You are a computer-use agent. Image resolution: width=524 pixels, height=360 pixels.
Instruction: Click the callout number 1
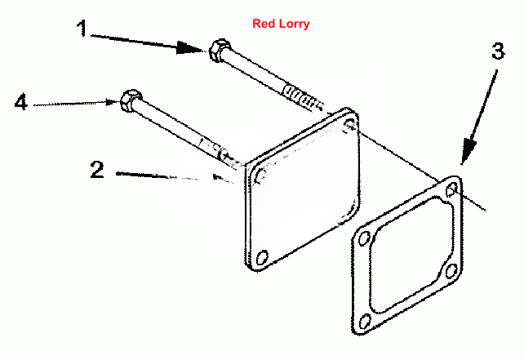click(x=82, y=29)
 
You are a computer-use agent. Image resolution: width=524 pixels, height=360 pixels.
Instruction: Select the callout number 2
click(x=97, y=170)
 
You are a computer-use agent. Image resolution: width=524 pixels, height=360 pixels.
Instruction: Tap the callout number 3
click(x=498, y=51)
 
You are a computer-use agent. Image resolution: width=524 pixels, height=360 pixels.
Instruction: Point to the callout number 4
click(x=20, y=101)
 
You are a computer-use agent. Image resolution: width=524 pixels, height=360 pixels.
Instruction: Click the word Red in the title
click(x=261, y=24)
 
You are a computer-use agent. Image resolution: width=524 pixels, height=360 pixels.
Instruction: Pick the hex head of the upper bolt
click(x=220, y=50)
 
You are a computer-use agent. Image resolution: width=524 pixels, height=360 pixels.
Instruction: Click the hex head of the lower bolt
click(x=131, y=100)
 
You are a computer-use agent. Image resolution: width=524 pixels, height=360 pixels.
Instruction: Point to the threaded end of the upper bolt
click(x=304, y=98)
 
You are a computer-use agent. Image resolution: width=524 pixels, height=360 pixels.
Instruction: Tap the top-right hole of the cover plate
click(x=350, y=124)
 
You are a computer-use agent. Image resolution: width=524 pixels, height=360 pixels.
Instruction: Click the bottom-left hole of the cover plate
click(x=262, y=257)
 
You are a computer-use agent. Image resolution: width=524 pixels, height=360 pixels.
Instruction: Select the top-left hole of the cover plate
click(x=261, y=176)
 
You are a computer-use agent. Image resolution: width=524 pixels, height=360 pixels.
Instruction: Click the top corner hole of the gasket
click(x=452, y=189)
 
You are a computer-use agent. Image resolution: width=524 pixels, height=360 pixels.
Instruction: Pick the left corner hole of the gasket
click(x=364, y=238)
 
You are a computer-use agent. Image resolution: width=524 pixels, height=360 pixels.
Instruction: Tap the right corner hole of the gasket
click(x=451, y=271)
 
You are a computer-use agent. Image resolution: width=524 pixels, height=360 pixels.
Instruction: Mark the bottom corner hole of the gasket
click(x=365, y=321)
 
